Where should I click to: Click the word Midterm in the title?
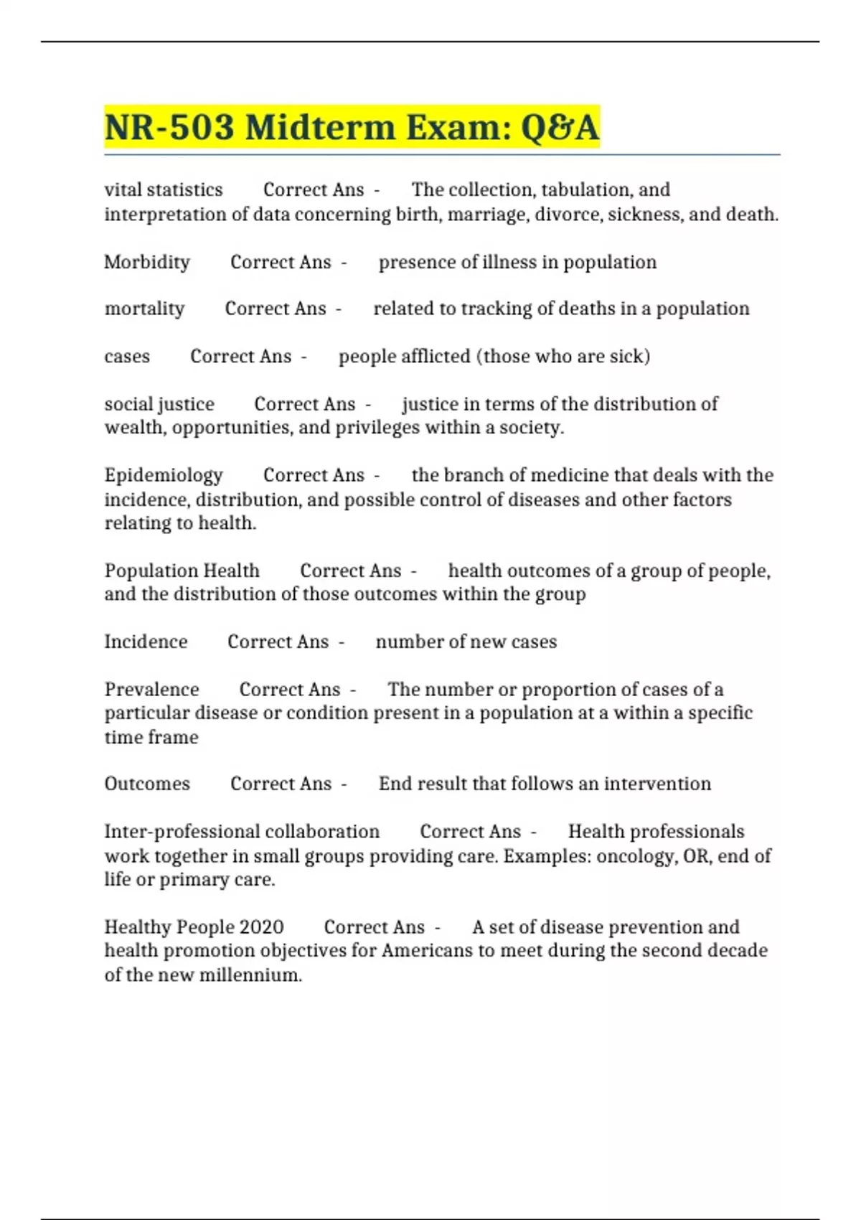320,128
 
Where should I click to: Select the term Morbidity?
147,262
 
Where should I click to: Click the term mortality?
144,309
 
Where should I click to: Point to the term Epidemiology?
164,475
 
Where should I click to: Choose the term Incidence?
146,642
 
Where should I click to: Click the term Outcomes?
147,784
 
